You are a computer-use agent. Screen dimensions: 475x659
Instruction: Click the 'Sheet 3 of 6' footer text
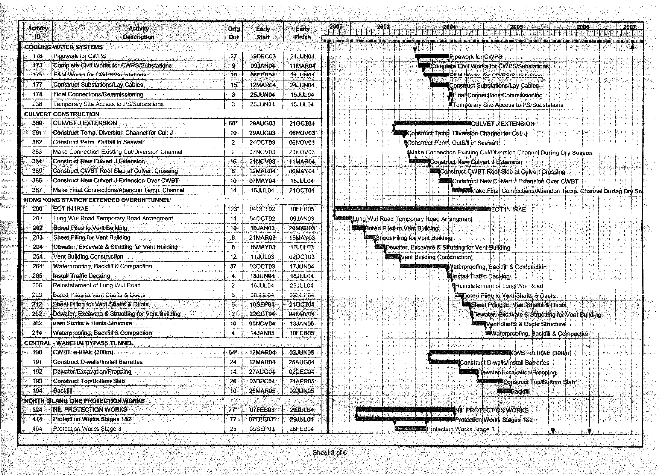(x=329, y=453)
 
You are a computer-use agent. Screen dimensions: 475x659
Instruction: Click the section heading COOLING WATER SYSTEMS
(x=64, y=47)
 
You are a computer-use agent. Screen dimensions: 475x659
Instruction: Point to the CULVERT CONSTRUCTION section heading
(x=62, y=114)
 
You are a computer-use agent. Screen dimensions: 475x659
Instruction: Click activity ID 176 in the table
(x=37, y=56)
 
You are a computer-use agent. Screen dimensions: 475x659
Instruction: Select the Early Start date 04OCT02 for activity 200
(x=262, y=209)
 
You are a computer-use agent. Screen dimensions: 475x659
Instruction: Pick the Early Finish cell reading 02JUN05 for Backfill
(x=302, y=391)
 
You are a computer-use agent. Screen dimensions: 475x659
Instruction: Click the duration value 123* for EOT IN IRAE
(x=233, y=209)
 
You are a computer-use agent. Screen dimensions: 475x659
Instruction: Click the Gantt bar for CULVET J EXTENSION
(x=432, y=123)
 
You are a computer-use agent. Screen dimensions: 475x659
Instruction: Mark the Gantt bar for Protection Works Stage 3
(x=410, y=429)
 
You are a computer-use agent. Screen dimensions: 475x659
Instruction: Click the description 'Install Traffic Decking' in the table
(x=82, y=276)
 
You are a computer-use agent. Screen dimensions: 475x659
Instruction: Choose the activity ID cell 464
(x=37, y=429)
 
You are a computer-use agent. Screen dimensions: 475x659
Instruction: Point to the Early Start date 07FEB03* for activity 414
(x=263, y=419)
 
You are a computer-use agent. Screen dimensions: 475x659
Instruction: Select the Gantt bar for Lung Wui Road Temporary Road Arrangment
(x=343, y=218)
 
